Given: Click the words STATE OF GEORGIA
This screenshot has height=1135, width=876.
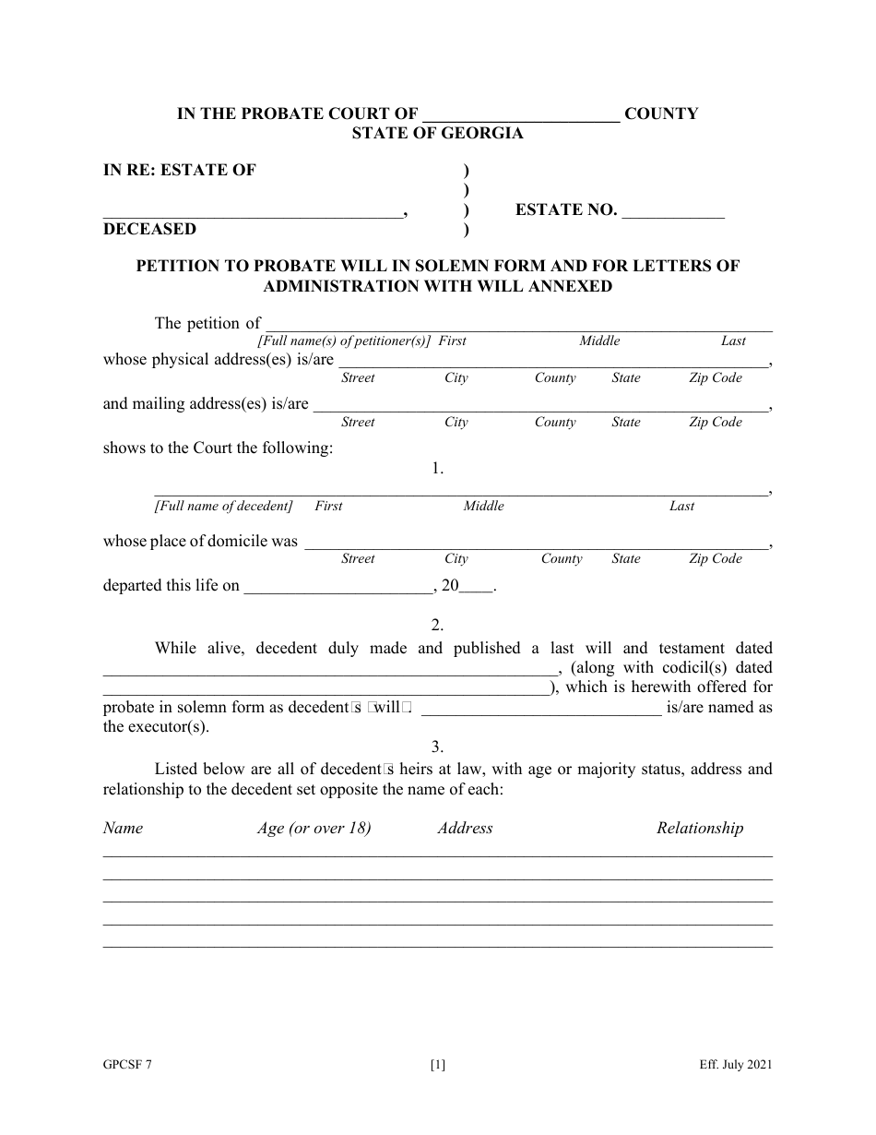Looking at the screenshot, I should [437, 134].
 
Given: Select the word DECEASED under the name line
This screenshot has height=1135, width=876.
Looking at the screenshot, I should [149, 229].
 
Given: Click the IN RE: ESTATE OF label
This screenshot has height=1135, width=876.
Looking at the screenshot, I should [180, 170].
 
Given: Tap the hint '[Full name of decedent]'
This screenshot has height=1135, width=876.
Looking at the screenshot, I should [224, 506].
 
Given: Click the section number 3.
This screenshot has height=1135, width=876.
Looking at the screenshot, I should [438, 747].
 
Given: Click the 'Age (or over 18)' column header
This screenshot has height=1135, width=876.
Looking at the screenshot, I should [314, 828].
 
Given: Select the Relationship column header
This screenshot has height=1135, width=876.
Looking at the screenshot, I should [700, 828].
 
